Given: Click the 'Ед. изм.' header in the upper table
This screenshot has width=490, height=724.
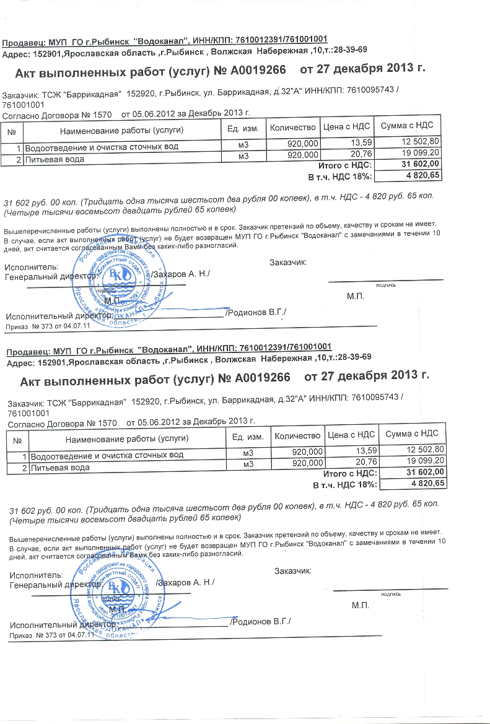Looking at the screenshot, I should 243,128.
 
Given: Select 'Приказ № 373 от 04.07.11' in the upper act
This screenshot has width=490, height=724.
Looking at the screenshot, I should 48,326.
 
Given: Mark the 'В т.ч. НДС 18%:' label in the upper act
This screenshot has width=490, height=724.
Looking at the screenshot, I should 340,177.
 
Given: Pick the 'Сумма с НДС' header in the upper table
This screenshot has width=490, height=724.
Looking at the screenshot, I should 407,126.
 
